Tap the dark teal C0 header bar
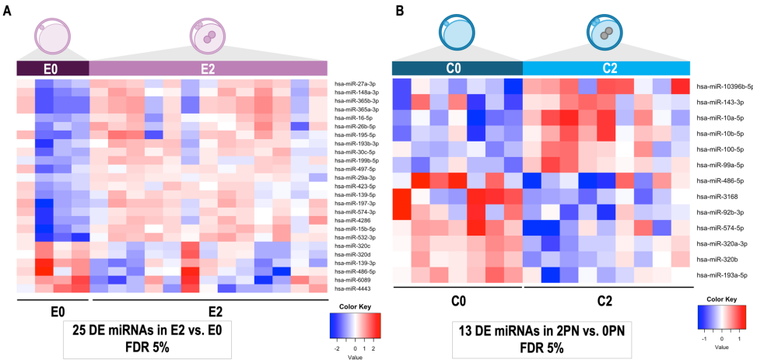457,68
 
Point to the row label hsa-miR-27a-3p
355,83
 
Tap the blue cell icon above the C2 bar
606,33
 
